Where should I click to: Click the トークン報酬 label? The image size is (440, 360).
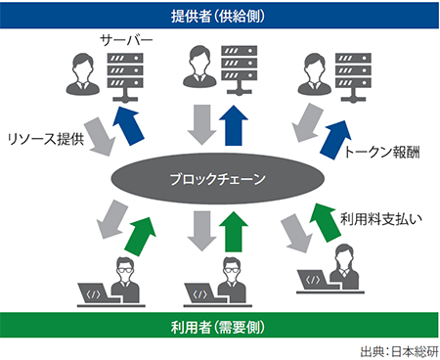[x=383, y=154]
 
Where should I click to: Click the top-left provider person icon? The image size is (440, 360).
[x=81, y=74]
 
